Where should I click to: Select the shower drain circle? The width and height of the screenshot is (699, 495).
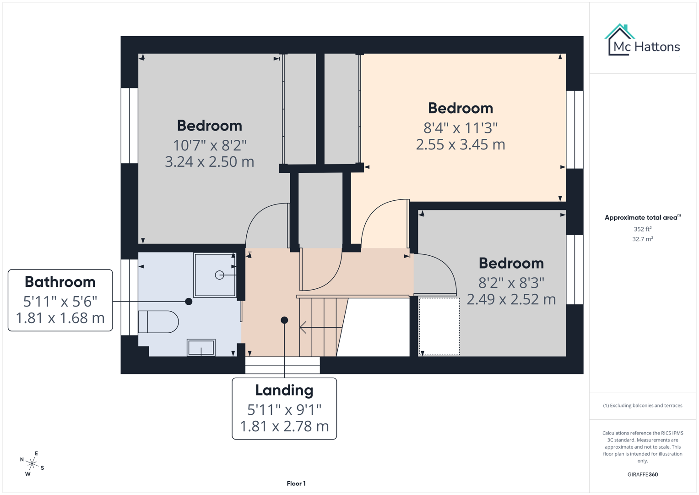[x=219, y=275]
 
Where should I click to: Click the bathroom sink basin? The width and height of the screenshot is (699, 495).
[x=201, y=347]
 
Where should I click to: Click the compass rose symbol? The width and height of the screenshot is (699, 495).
[x=32, y=463]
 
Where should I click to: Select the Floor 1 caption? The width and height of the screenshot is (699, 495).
[x=296, y=484]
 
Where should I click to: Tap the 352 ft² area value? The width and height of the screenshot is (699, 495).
[x=642, y=229]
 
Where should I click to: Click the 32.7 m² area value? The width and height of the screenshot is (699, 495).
[x=642, y=239]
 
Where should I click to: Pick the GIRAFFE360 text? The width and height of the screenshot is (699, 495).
[x=642, y=474]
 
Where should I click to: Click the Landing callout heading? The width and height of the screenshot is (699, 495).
[x=284, y=390]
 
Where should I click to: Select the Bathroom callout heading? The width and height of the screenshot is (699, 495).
[x=60, y=282]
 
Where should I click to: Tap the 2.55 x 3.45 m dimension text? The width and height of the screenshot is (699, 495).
[x=461, y=144]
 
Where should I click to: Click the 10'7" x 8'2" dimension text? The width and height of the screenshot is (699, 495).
[x=210, y=145]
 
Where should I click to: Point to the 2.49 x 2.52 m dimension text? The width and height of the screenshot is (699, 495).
[x=511, y=299]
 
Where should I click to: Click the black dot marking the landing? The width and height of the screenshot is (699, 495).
[x=284, y=320]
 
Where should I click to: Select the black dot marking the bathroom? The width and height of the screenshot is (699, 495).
[x=189, y=302]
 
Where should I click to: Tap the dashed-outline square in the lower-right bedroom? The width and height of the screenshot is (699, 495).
[x=439, y=326]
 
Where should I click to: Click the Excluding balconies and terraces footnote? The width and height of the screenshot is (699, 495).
[x=642, y=406]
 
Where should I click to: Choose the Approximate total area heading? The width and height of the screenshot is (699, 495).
[x=641, y=218]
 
